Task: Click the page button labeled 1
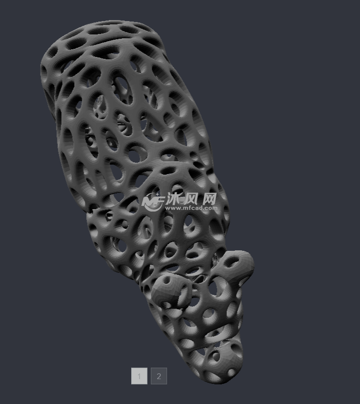pos(139,376)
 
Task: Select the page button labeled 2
pos(159,376)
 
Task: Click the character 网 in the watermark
pos(208,199)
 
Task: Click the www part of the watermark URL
pos(173,208)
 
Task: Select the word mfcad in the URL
pos(193,208)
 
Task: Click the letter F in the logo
pos(160,200)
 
